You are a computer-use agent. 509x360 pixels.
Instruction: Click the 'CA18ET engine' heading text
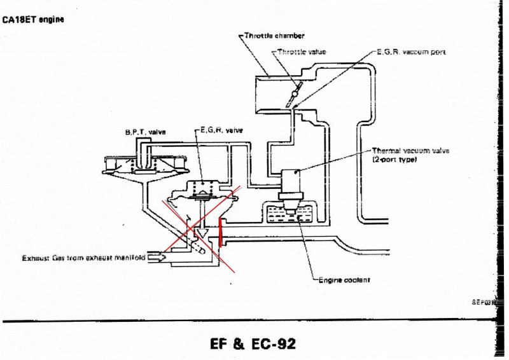click(33, 19)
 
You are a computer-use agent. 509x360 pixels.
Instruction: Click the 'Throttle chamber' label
click(275, 36)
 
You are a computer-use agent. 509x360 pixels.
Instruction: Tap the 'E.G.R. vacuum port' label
click(411, 52)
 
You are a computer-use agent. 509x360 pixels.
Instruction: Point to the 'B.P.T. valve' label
click(145, 132)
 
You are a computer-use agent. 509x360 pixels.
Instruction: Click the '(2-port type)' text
click(394, 160)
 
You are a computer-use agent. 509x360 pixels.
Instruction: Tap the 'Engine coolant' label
click(344, 279)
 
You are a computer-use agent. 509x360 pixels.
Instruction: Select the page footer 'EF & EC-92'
click(253, 344)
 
